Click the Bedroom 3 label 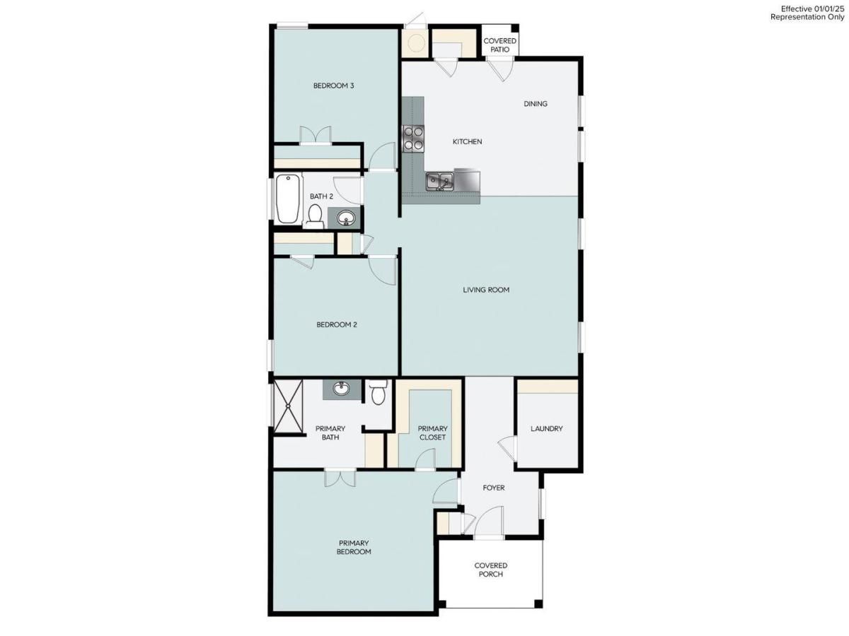[333, 86]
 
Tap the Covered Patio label [500, 45]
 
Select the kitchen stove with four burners [413, 138]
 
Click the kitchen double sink [439, 182]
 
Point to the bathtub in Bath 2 [288, 199]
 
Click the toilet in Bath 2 [315, 215]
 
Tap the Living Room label [486, 290]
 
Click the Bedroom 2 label [336, 325]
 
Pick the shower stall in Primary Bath [288, 405]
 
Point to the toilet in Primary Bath [378, 392]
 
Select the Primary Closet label [432, 432]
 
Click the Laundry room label [547, 428]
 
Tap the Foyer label [493, 488]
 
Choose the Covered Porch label [490, 570]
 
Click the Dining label [536, 104]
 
